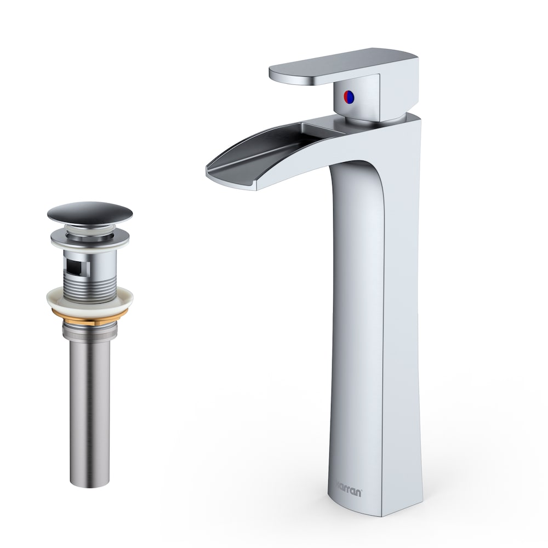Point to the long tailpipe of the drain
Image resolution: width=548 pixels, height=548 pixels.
pyautogui.click(x=90, y=400)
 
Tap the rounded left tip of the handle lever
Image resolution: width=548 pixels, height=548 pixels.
pyautogui.click(x=274, y=71)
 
